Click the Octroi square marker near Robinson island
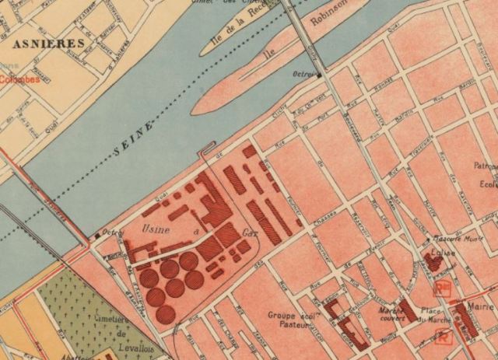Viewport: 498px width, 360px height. tap(319, 75)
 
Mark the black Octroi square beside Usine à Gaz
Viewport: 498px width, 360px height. tap(98, 234)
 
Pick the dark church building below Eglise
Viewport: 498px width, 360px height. tap(435, 264)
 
